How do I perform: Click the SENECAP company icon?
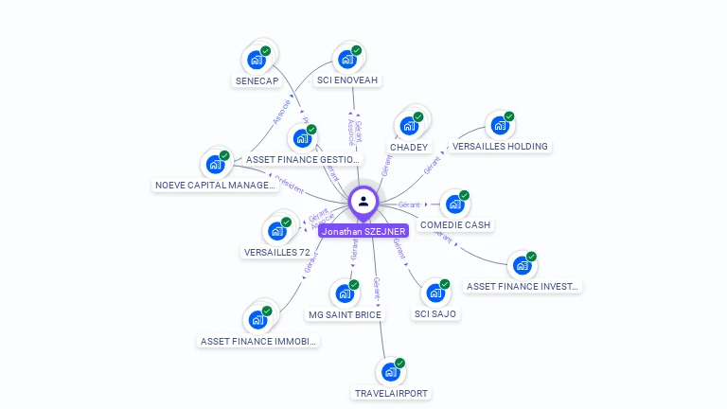click(x=256, y=60)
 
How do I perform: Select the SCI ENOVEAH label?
click(x=347, y=80)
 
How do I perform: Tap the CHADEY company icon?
click(x=409, y=126)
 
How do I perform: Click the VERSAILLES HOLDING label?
click(x=500, y=147)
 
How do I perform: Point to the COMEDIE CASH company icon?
click(x=455, y=204)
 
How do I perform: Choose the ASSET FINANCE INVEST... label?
click(x=523, y=286)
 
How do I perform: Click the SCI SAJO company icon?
click(x=435, y=293)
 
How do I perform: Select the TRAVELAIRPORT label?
click(x=391, y=393)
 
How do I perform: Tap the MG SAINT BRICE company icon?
click(x=345, y=293)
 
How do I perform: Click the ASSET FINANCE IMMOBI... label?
click(x=258, y=341)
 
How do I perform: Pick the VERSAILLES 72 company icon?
click(x=277, y=231)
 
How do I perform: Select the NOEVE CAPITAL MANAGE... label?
click(x=216, y=186)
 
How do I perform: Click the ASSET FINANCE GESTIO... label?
click(x=302, y=160)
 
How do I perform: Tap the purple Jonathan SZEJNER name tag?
click(x=363, y=231)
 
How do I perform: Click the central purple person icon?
click(x=363, y=201)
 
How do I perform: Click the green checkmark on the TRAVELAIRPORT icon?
click(x=400, y=363)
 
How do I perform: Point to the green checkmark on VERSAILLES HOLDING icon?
click(x=509, y=116)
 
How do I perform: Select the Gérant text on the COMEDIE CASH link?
click(x=409, y=204)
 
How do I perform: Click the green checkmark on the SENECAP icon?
click(x=266, y=50)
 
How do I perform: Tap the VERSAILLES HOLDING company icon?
click(x=499, y=126)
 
